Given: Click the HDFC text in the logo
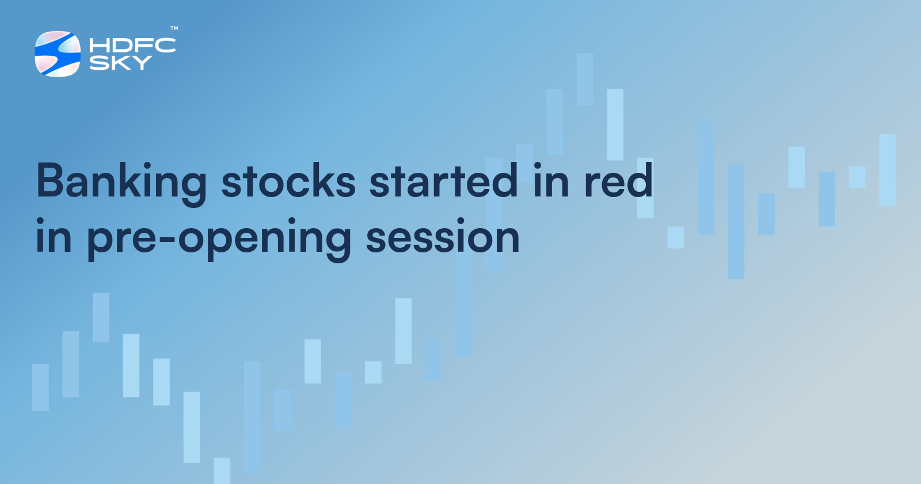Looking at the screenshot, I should [132, 46].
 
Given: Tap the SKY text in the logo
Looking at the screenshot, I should [120, 63].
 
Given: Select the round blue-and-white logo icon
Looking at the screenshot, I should [58, 54].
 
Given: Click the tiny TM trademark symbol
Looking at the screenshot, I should [174, 28].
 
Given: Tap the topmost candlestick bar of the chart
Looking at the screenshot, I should [585, 79].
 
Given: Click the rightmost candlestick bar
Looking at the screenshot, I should [887, 170].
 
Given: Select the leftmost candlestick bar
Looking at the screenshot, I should [40, 387].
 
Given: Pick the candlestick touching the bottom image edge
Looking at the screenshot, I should [222, 471].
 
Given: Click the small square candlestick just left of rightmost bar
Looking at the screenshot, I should [857, 177].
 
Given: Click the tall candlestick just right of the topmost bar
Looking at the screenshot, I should [615, 124].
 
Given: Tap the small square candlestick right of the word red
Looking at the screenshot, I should [675, 237].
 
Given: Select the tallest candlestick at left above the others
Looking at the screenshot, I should [101, 317].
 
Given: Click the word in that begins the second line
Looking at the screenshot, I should [53, 236].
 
